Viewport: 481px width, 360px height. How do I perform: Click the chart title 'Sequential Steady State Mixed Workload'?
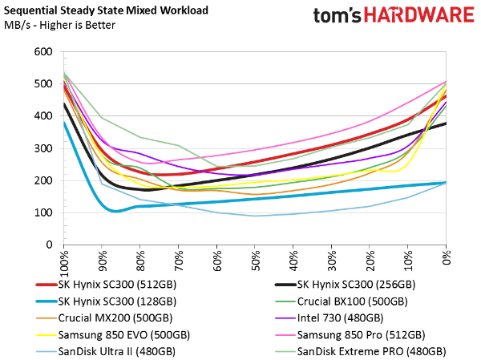click(106, 10)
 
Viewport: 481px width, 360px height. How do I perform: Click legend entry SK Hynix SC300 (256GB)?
click(355, 285)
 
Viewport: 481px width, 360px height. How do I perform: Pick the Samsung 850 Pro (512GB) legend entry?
click(360, 334)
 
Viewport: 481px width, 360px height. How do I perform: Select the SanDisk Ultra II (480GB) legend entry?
click(114, 351)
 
